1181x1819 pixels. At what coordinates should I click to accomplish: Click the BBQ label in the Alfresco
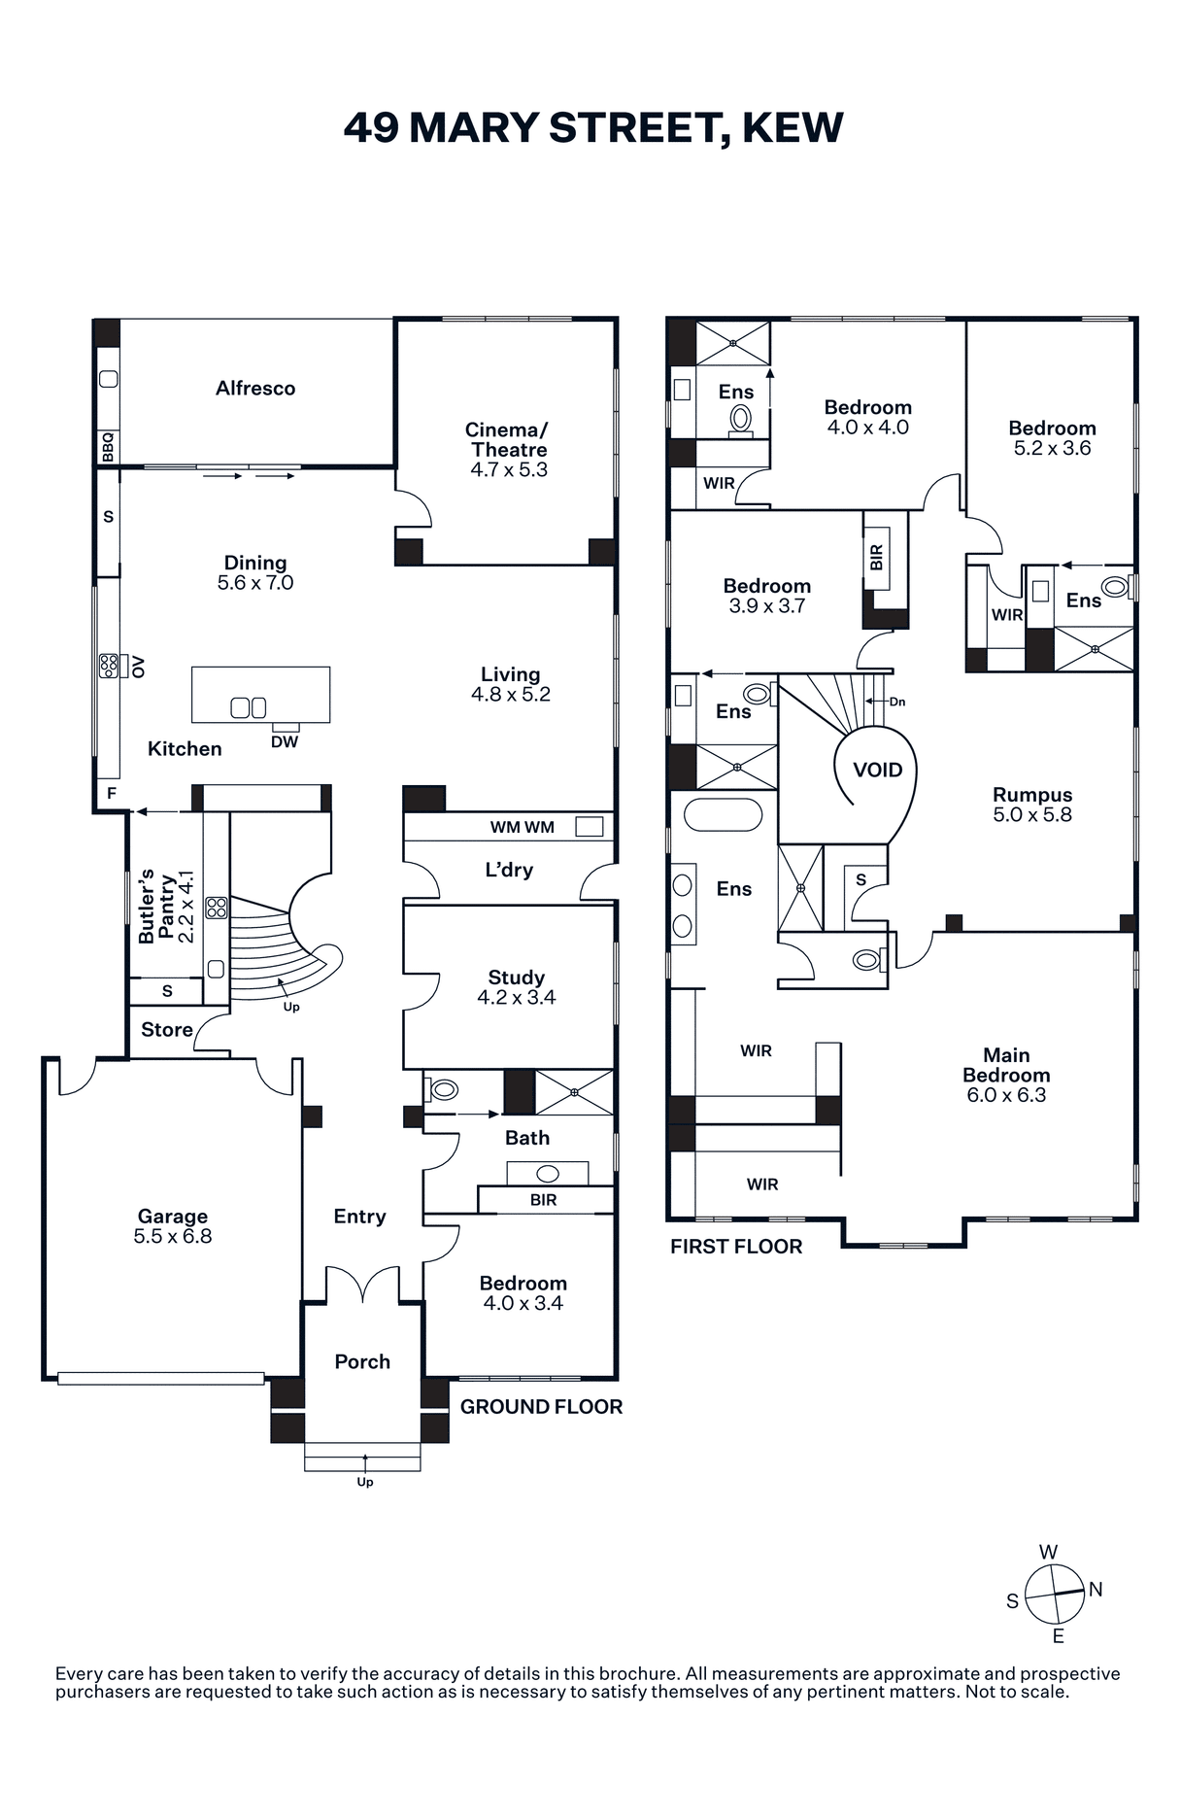pyautogui.click(x=109, y=447)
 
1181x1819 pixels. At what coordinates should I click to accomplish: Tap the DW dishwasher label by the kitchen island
pyautogui.click(x=285, y=741)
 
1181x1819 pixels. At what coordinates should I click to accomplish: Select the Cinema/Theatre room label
pyautogui.click(x=509, y=439)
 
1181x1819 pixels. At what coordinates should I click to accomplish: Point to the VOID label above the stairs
pyautogui.click(x=878, y=770)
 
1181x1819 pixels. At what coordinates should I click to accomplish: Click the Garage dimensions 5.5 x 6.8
pyautogui.click(x=173, y=1237)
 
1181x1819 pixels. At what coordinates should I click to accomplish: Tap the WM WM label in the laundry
pyautogui.click(x=523, y=827)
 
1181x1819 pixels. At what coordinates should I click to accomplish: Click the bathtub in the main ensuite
pyautogui.click(x=724, y=814)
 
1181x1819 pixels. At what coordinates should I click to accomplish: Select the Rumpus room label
pyautogui.click(x=1032, y=795)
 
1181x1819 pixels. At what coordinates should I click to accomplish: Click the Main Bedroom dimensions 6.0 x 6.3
pyautogui.click(x=1006, y=1095)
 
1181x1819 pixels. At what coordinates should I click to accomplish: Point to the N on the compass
pyautogui.click(x=1096, y=1590)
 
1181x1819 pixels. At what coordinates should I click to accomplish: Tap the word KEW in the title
pyautogui.click(x=793, y=127)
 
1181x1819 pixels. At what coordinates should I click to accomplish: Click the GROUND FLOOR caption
pyautogui.click(x=541, y=1406)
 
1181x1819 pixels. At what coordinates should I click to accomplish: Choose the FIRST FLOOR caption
pyautogui.click(x=736, y=1247)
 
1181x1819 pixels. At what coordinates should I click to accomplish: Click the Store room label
pyautogui.click(x=167, y=1030)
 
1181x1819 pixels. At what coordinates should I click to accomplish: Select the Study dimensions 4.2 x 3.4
pyautogui.click(x=517, y=998)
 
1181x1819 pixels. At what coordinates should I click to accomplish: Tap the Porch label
pyautogui.click(x=362, y=1361)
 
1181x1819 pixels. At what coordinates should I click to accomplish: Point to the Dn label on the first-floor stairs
pyautogui.click(x=896, y=702)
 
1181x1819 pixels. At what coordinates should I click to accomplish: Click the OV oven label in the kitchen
pyautogui.click(x=139, y=667)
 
